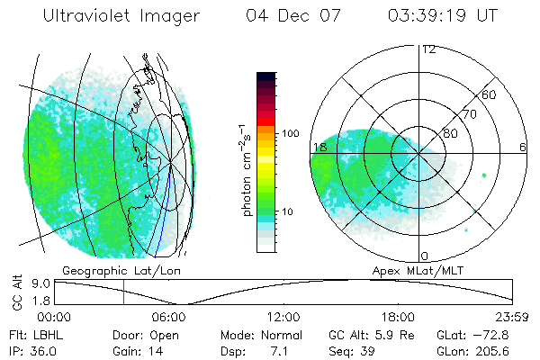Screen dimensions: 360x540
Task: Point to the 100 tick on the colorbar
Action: [291, 133]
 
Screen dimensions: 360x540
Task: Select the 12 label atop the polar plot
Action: [428, 49]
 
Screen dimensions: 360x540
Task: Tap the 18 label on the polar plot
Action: [319, 147]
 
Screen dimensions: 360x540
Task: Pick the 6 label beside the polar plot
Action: [522, 147]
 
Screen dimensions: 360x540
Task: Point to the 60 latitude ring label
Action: [490, 94]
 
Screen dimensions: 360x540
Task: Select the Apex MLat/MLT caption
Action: [427, 270]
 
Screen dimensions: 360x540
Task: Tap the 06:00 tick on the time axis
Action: [169, 317]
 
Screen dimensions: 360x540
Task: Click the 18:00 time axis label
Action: [398, 317]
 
